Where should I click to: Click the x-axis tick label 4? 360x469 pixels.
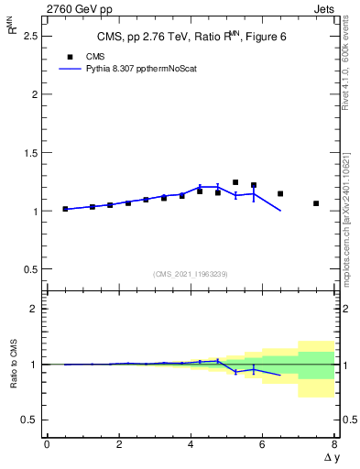[191, 444]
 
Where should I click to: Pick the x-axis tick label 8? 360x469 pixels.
[334, 444]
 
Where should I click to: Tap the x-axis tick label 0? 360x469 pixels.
[47, 444]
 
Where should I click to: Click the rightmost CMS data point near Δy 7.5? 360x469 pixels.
[316, 203]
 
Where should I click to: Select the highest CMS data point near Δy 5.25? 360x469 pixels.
[235, 182]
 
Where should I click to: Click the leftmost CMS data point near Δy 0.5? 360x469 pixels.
[65, 209]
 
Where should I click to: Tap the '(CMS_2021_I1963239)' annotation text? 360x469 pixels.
[191, 274]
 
